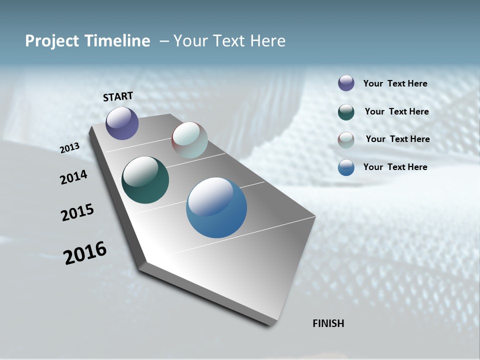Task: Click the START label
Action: (x=118, y=96)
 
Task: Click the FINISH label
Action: (x=328, y=323)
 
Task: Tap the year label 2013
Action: (x=70, y=148)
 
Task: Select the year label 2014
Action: (x=74, y=177)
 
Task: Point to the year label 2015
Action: (x=77, y=212)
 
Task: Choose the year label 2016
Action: (x=85, y=253)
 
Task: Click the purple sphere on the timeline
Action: (x=122, y=123)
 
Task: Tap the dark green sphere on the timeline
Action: (x=145, y=180)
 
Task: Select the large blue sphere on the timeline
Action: (x=216, y=207)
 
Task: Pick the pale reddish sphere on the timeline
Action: (x=189, y=140)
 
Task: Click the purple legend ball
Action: (x=346, y=83)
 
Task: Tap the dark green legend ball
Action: (x=346, y=112)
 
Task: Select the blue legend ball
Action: (x=346, y=167)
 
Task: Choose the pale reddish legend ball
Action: (x=346, y=140)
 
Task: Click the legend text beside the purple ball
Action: (x=395, y=84)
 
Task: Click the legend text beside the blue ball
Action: (x=395, y=167)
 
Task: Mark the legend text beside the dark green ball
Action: (x=396, y=111)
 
